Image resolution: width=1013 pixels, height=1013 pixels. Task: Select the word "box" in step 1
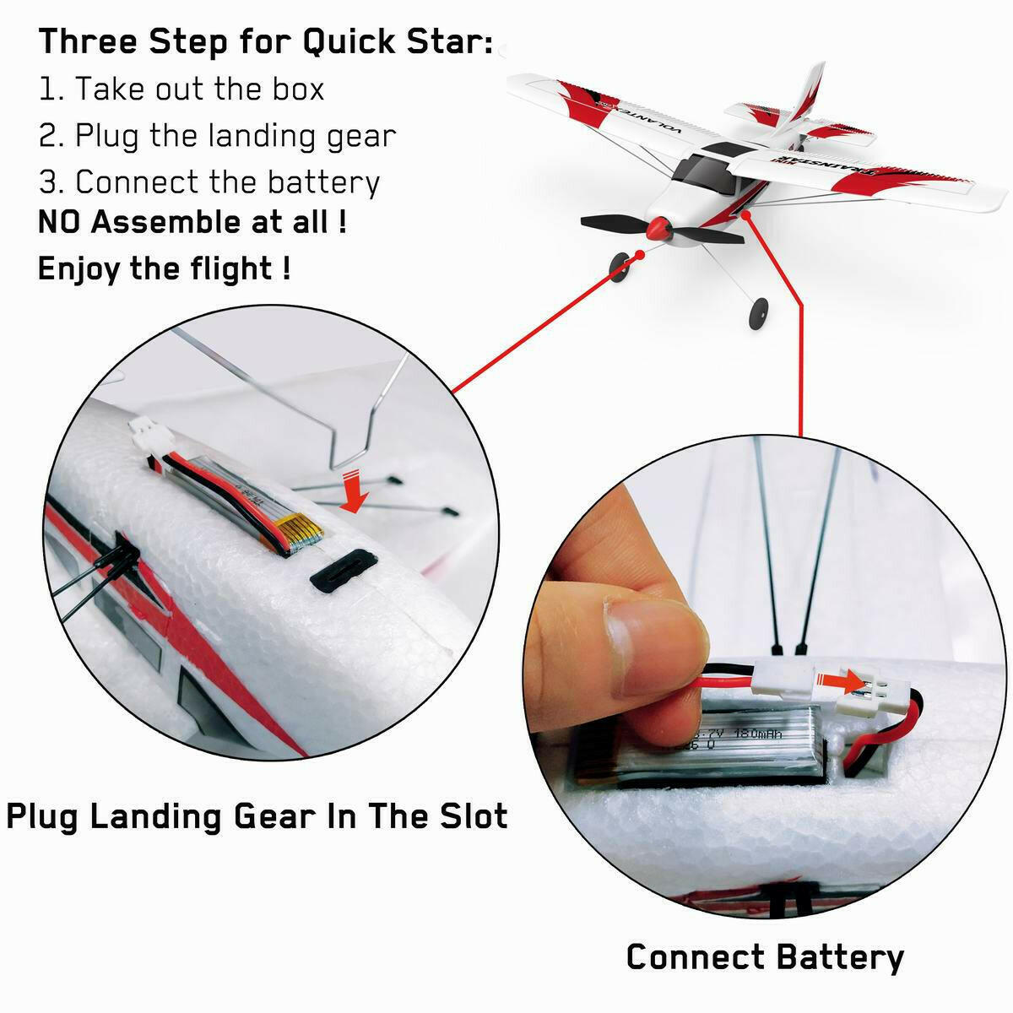pos(296,89)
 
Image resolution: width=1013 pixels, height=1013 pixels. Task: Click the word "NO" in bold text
pos(62,222)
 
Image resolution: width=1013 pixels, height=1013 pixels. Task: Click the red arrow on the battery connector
pos(853,680)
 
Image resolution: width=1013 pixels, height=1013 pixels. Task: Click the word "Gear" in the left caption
pos(278,816)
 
